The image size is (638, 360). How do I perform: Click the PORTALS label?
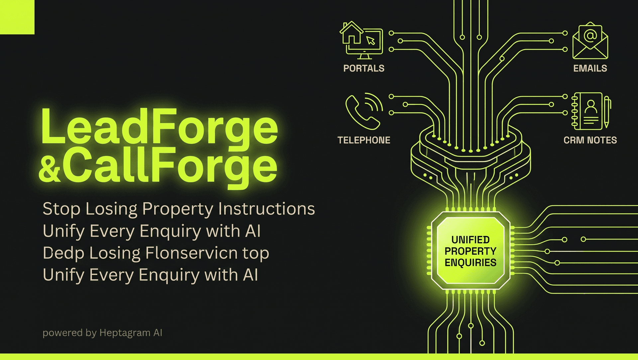[364, 68]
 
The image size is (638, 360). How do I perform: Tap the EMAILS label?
[590, 68]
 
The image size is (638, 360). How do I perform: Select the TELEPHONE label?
[364, 140]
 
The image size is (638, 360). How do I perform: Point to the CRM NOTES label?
[590, 140]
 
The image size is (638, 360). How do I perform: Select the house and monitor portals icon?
[362, 40]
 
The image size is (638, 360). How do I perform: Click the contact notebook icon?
[587, 111]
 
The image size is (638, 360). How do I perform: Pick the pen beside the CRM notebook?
[607, 112]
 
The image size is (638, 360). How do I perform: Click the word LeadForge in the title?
[159, 128]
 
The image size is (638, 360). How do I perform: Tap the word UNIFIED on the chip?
[471, 240]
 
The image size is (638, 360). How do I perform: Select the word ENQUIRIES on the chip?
[471, 263]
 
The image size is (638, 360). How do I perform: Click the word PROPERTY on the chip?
[471, 251]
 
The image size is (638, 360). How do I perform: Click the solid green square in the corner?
[17, 17]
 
